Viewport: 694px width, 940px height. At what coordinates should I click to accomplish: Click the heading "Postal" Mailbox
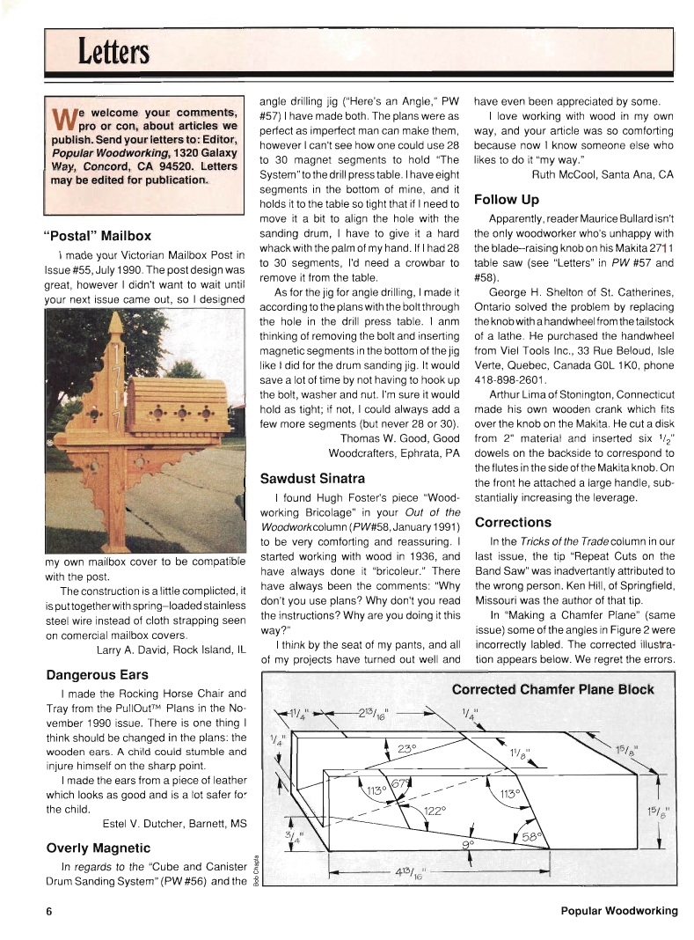pyautogui.click(x=97, y=236)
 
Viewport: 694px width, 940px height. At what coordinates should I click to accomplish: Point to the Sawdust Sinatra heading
pyautogui.click(x=312, y=479)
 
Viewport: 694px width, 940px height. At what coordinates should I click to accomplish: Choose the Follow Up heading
pyautogui.click(x=506, y=200)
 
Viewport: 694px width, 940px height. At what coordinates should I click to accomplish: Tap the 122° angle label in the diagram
pyautogui.click(x=435, y=809)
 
